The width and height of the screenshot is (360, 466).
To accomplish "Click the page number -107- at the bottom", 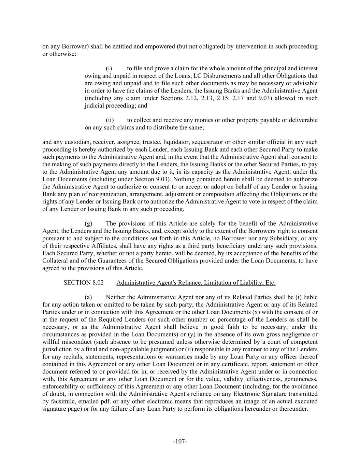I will coord(180,441).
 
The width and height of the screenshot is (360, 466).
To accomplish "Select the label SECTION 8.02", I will coord(83,283).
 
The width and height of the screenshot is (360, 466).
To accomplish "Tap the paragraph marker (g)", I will coord(88,224).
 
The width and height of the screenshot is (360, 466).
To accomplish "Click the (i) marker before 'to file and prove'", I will coord(109,69).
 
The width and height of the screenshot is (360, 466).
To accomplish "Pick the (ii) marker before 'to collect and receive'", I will coord(110,120).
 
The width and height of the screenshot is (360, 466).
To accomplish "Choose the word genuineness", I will coord(301,379).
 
